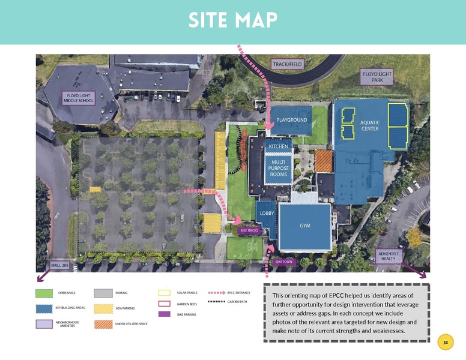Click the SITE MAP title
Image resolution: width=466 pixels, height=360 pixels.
(232, 20)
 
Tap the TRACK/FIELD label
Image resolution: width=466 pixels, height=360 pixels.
(288, 64)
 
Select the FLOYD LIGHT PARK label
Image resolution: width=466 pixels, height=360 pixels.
(377, 77)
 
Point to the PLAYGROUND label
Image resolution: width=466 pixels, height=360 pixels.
(292, 120)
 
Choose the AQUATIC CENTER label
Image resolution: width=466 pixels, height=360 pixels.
(370, 125)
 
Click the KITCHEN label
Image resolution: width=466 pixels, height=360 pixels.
(278, 146)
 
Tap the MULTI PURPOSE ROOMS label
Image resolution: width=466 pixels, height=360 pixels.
(278, 167)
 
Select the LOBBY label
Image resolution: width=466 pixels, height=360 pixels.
(267, 213)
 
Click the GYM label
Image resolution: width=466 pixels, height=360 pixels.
(305, 226)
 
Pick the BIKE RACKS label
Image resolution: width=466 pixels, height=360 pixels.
(249, 230)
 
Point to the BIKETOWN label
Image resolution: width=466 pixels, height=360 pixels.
(283, 262)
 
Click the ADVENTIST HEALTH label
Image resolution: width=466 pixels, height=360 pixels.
(388, 256)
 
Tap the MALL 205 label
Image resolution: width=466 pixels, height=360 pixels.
(60, 265)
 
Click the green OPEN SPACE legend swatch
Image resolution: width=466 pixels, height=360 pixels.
(44, 293)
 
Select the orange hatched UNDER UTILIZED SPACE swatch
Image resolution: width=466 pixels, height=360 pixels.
(103, 324)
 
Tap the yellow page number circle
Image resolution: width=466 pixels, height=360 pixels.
(446, 343)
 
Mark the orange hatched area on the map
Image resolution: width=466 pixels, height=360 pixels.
(324, 160)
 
